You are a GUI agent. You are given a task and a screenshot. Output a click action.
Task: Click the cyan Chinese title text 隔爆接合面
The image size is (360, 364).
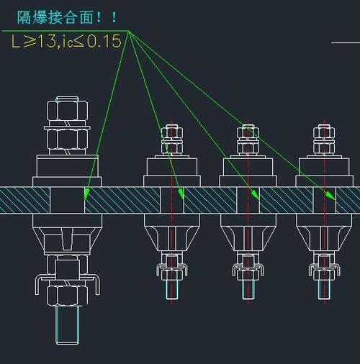point(55,17)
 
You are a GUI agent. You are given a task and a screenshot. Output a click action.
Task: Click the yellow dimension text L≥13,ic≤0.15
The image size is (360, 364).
point(66,41)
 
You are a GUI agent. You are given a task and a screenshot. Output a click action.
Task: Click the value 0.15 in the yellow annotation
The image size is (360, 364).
point(104,41)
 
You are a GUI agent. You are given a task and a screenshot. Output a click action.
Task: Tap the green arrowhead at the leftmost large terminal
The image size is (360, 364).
point(86,194)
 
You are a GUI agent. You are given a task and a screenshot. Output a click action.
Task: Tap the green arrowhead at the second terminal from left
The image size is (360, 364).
point(181,194)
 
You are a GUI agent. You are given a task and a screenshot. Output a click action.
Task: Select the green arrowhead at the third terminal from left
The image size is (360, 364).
point(255,196)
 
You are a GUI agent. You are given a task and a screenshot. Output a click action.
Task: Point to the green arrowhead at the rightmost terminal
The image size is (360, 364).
point(331,196)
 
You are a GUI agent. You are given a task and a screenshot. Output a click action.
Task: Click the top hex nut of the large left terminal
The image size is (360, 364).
point(68,111)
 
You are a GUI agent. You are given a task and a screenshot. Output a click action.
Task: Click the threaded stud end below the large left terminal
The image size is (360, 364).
point(67,325)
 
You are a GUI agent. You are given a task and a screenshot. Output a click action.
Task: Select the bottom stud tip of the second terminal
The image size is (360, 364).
point(172,290)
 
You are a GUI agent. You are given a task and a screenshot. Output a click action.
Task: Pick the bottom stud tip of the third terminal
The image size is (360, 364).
point(248,290)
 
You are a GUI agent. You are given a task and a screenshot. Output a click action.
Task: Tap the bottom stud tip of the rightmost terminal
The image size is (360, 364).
point(324,290)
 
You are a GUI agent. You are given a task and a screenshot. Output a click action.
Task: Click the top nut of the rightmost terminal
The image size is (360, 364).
point(324,133)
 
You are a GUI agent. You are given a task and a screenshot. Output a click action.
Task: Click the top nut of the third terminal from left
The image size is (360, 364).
point(248,133)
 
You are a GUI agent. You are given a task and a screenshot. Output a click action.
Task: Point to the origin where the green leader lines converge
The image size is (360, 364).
point(129,31)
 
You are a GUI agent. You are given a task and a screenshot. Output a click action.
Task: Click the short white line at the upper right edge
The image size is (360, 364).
point(346,43)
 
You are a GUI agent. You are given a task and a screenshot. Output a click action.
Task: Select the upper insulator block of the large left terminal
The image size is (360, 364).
point(67,166)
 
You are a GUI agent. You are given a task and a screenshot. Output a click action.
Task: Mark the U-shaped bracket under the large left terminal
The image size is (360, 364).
point(68,285)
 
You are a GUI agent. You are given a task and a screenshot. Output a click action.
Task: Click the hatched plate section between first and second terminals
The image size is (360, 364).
point(122,200)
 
